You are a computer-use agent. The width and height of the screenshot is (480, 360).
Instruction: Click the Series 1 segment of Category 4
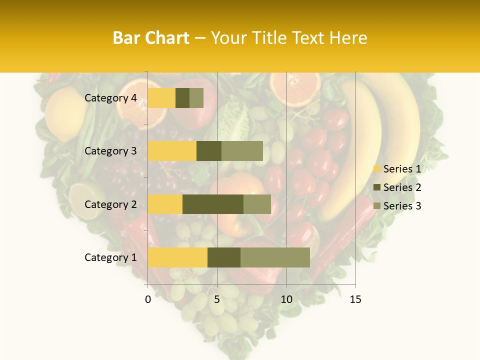coord(161,98)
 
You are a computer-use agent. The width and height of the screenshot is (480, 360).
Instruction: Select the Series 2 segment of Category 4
coord(182,98)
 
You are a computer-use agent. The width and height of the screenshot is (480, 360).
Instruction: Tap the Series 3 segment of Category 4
coord(196,98)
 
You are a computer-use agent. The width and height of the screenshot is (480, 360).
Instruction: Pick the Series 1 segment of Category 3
coord(172,151)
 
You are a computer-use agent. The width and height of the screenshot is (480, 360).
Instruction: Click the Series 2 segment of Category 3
coord(209,151)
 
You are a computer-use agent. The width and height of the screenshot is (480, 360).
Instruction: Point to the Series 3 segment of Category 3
coord(242,151)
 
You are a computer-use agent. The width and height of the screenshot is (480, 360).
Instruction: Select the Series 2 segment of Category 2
coord(213,204)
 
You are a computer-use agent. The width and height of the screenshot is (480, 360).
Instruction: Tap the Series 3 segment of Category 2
coord(257,204)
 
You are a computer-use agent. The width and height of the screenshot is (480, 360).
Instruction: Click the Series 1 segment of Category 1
coord(177,257)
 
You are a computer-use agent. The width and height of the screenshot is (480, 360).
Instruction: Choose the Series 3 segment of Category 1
coord(275,257)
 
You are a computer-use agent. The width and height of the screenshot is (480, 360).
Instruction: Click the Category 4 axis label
coord(110,98)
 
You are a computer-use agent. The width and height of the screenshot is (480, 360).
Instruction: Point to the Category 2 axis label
coord(110,204)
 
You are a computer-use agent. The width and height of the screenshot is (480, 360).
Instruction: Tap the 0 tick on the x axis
coord(148,299)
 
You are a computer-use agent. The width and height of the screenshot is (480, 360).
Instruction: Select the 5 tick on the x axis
coord(217,299)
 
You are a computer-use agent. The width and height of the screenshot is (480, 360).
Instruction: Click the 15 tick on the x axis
coord(355,299)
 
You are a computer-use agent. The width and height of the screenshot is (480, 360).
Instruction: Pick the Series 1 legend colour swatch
coord(376,169)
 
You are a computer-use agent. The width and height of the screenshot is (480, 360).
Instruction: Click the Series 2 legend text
coord(402,187)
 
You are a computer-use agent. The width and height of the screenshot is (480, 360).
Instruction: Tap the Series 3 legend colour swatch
coord(376,206)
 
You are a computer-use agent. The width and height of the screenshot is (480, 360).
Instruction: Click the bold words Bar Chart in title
coord(151,38)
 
